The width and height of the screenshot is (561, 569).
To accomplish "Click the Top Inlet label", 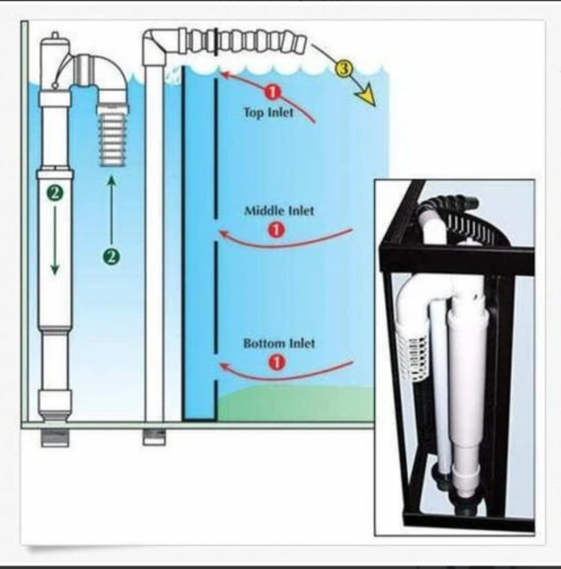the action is (268, 113).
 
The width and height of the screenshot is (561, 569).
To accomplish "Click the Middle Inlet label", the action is (279, 211).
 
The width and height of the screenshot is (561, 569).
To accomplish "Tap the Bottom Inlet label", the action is (279, 343).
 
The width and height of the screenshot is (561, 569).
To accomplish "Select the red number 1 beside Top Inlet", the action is (273, 92).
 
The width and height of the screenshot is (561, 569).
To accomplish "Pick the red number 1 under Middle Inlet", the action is (276, 229).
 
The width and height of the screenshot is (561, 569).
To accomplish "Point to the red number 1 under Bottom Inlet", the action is (276, 362).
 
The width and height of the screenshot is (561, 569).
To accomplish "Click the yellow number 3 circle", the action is (344, 68).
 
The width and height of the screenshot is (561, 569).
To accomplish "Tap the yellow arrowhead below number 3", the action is (366, 97).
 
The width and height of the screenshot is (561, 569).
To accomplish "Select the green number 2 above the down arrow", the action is (54, 192).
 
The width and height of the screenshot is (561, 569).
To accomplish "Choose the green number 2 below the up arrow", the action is (111, 257).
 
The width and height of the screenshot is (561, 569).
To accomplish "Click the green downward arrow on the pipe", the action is (55, 240).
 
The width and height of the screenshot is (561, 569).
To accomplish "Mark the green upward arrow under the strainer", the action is (112, 210).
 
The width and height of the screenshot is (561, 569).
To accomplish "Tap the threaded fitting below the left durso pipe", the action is (55, 438).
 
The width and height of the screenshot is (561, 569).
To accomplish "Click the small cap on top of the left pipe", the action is (55, 36).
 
